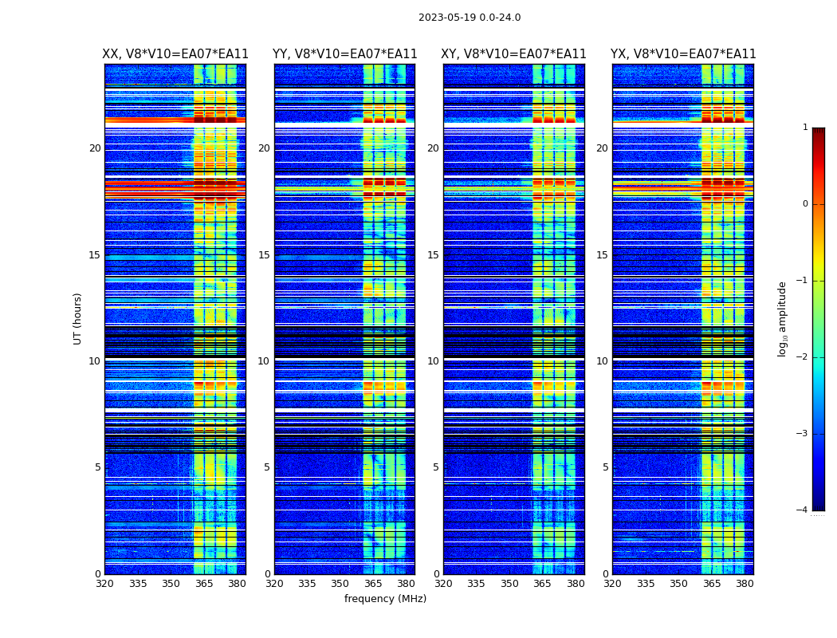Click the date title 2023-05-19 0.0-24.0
470,18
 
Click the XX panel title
175,54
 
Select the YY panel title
344,54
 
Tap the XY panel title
514,54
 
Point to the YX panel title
683,54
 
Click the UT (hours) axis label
78,318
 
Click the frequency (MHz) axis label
385,599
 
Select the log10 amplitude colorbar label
783,318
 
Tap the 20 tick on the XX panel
95,148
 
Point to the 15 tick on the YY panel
264,255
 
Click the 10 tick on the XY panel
433,361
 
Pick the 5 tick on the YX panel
606,467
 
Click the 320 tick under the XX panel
104,584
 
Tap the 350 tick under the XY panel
509,584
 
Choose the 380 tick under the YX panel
745,584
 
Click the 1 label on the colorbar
804,128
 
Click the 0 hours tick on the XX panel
98,574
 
